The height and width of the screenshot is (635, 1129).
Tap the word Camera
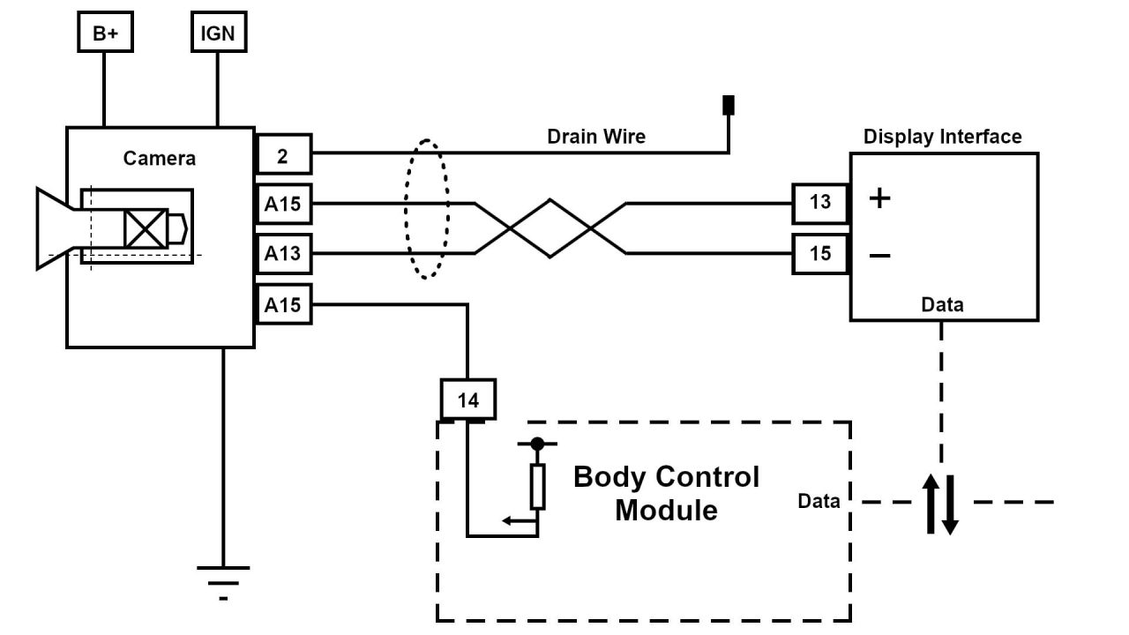pyautogui.click(x=160, y=159)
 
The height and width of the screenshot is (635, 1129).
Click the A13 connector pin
pyautogui.click(x=282, y=254)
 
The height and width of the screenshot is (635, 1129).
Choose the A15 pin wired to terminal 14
pyautogui.click(x=282, y=305)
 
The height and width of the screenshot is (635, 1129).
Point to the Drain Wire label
pyautogui.click(x=596, y=137)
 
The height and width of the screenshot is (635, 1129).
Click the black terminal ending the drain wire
pyautogui.click(x=729, y=105)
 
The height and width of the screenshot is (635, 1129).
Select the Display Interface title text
pyautogui.click(x=942, y=137)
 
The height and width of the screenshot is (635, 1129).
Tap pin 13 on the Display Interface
pyautogui.click(x=819, y=202)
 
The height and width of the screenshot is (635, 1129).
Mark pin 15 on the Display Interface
pyautogui.click(x=819, y=254)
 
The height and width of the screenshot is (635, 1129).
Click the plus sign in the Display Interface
pyautogui.click(x=879, y=198)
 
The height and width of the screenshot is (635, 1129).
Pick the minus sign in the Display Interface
pyautogui.click(x=879, y=256)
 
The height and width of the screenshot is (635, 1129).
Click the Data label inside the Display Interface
pyautogui.click(x=942, y=305)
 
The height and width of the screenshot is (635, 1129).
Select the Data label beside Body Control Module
pyautogui.click(x=819, y=501)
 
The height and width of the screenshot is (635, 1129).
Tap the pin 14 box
pyautogui.click(x=467, y=400)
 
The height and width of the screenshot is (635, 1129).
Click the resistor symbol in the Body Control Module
pyautogui.click(x=537, y=486)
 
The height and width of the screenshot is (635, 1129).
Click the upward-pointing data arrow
pyautogui.click(x=931, y=504)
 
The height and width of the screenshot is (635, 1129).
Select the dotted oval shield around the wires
pyautogui.click(x=427, y=209)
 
